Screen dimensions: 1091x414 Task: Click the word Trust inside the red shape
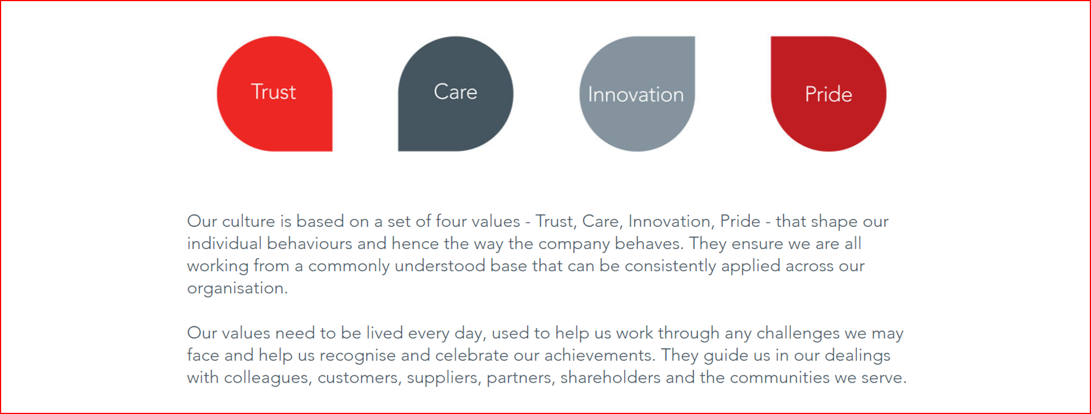pyautogui.click(x=273, y=92)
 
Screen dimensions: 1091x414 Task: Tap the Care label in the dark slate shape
pyautogui.click(x=455, y=92)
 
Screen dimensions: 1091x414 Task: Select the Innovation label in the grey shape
pyautogui.click(x=636, y=94)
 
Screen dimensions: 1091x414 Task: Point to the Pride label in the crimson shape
pyautogui.click(x=828, y=94)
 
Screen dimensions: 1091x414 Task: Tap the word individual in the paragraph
pyautogui.click(x=225, y=243)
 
